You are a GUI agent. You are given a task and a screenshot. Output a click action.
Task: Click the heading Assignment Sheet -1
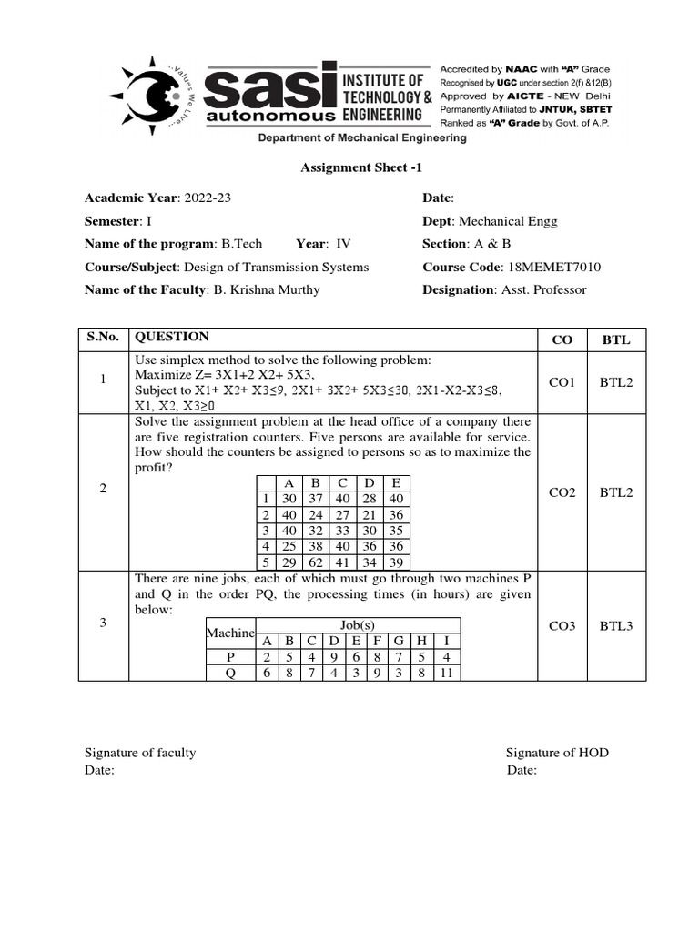pos(361,167)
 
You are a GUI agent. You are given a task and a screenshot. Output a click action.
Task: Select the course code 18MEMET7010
pos(552,267)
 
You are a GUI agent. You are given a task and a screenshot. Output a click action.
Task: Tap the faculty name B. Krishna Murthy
pos(266,289)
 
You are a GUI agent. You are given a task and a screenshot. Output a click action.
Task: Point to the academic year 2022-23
pos(209,198)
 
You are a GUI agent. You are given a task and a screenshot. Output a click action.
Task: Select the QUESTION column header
pos(171,337)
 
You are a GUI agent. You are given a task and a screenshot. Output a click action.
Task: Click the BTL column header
pos(615,340)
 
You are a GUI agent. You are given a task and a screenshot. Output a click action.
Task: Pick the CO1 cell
pos(562,383)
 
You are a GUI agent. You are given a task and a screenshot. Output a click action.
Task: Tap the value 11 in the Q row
pos(445,674)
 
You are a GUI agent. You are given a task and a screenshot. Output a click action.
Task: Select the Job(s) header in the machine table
pos(358,625)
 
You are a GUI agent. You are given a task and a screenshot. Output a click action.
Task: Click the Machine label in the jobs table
pos(231,633)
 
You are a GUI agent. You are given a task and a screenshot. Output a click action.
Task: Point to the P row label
pos(230,657)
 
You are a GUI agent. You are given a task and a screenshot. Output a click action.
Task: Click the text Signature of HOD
pos(557,753)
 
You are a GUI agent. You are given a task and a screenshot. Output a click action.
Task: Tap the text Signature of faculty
pos(140,753)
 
